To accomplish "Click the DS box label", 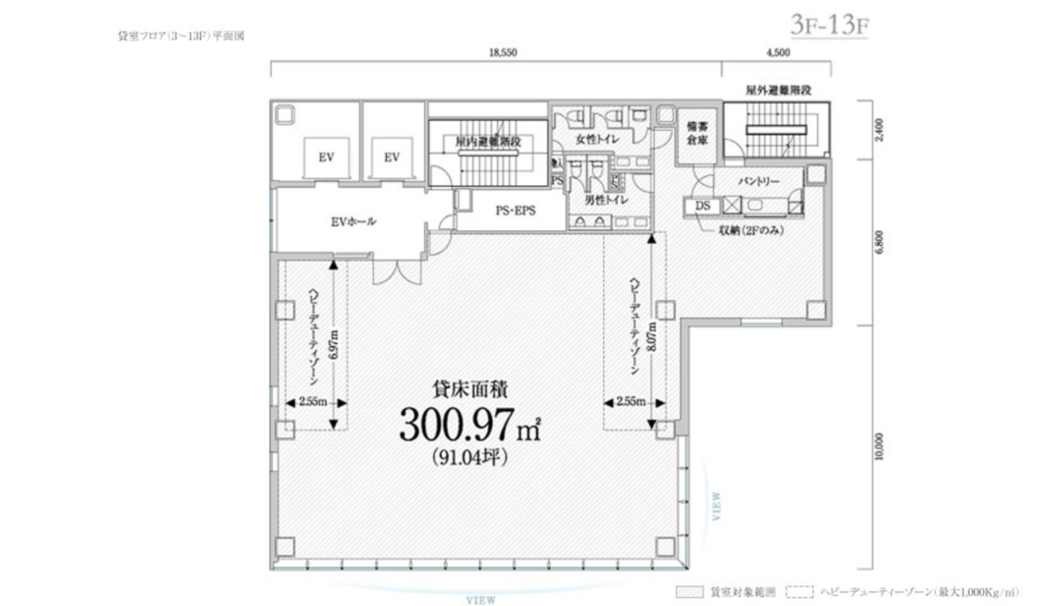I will [703, 206].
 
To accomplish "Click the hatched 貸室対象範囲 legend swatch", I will [689, 593].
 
